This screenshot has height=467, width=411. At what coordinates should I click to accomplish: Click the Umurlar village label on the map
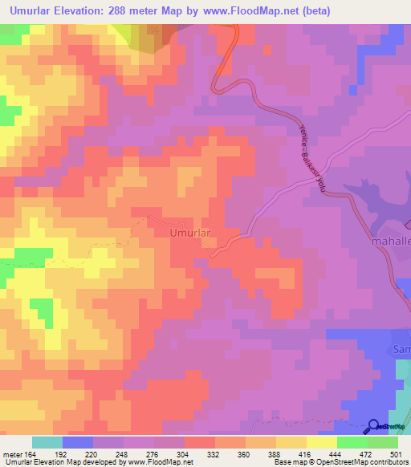(190, 233)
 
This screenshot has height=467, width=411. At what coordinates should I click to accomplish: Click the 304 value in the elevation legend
(170, 453)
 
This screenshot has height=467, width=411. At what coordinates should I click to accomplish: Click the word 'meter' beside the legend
(11, 453)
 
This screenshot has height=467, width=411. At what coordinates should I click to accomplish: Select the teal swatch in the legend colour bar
(47, 442)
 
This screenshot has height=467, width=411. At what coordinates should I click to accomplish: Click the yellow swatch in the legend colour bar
(321, 442)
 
